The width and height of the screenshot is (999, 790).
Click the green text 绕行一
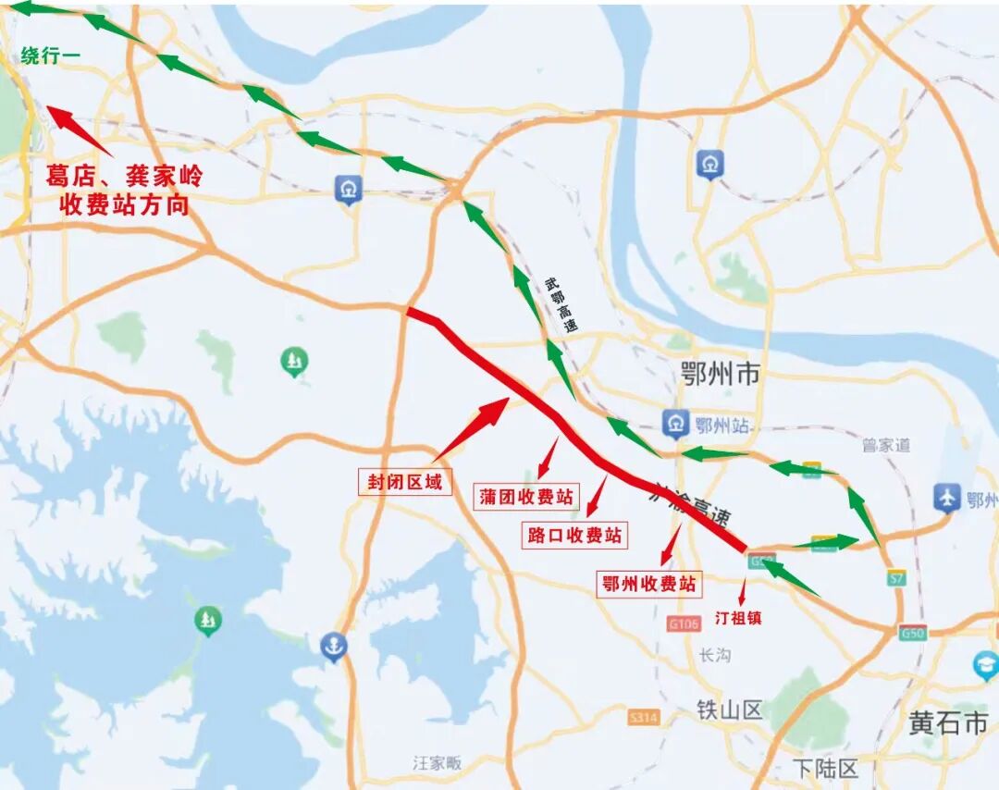pyautogui.click(x=51, y=56)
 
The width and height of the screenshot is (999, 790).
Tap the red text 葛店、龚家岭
pyautogui.click(x=124, y=177)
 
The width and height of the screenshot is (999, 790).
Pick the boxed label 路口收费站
pyautogui.click(x=575, y=535)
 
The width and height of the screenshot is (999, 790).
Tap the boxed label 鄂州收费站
pyautogui.click(x=648, y=584)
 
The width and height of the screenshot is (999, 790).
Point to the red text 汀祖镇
pyautogui.click(x=738, y=618)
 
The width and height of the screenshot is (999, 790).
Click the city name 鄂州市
pyautogui.click(x=720, y=374)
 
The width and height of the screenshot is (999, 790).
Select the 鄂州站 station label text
pyautogui.click(x=721, y=426)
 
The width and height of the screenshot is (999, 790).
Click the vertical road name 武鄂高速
pyautogui.click(x=561, y=305)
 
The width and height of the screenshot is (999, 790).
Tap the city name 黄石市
pyautogui.click(x=948, y=722)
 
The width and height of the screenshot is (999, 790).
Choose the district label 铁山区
pyautogui.click(x=730, y=710)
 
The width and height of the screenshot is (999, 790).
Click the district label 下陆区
pyautogui.click(x=826, y=767)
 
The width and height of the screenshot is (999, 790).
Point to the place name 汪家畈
pyautogui.click(x=437, y=763)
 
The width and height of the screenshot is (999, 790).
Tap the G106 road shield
pyautogui.click(x=684, y=624)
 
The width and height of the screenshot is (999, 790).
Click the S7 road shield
pyautogui.click(x=895, y=577)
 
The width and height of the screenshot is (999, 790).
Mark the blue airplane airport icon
pyautogui.click(x=947, y=498)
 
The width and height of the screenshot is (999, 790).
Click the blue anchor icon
pyautogui.click(x=334, y=647)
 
